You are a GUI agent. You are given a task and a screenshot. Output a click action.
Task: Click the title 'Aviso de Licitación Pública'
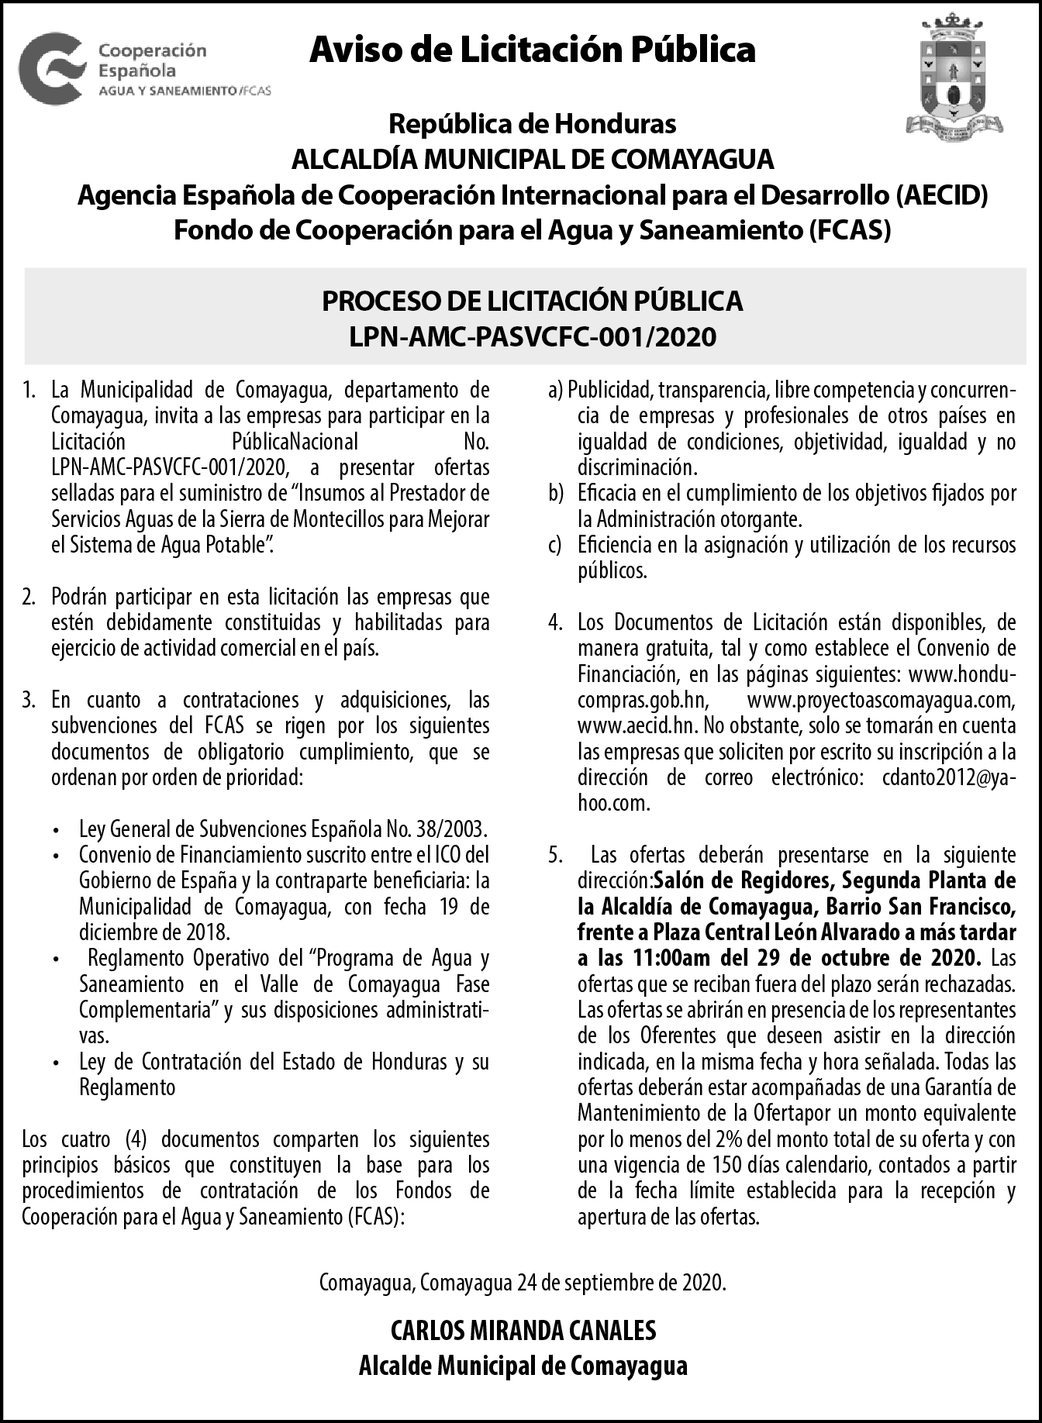coord(532,50)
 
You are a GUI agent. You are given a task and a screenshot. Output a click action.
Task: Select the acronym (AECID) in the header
coord(941,195)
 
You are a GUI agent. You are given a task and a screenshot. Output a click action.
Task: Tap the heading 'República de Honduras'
coord(532,123)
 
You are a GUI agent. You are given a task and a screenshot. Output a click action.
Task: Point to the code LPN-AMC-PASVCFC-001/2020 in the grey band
coord(532,337)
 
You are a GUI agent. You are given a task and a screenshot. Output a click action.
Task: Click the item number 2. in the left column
coord(29,597)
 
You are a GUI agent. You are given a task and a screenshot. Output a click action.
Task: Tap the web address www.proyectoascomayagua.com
coord(881,700)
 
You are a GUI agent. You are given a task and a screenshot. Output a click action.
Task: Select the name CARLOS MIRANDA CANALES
coord(523,1330)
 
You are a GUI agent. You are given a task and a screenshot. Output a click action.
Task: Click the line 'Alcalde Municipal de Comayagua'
coord(523,1365)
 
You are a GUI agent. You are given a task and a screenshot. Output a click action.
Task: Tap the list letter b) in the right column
coord(555,493)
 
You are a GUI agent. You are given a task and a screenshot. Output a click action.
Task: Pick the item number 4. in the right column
coord(555,622)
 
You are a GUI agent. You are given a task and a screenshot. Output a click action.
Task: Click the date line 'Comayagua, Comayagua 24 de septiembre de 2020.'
coord(523,1282)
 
